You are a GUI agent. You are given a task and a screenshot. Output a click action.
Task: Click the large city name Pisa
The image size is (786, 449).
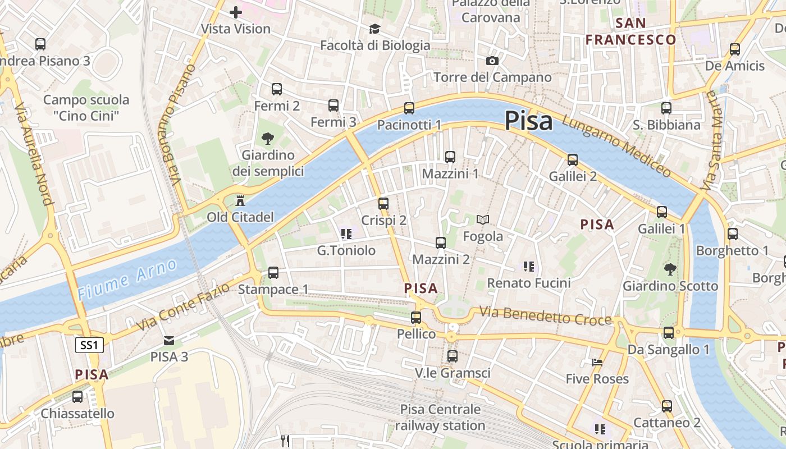528,121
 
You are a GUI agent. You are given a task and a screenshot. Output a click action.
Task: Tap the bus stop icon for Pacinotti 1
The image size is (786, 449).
409,108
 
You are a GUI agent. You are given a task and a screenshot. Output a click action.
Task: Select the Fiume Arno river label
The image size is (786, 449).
128,279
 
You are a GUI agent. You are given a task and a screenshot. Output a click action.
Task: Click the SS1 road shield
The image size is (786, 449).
89,345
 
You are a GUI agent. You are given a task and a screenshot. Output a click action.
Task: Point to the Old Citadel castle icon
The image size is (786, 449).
240,200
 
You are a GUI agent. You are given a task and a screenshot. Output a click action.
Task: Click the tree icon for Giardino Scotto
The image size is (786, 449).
670,269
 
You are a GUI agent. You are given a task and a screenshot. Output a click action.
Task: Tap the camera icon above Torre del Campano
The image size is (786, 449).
492,61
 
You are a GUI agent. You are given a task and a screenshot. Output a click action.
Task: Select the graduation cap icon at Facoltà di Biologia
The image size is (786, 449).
374,29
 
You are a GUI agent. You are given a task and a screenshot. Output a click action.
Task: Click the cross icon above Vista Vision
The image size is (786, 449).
236,12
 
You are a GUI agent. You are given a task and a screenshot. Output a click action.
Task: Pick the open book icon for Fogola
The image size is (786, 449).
483,219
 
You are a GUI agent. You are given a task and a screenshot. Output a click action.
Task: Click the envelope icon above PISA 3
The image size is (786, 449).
169,340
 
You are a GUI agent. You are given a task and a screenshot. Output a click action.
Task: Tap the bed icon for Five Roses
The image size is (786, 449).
597,363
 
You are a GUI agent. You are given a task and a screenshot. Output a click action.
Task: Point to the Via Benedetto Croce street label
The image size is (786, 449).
545,316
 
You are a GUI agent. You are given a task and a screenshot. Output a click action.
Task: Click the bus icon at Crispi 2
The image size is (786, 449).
383,204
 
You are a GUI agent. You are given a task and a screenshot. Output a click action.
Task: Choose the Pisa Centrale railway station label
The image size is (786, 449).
440,418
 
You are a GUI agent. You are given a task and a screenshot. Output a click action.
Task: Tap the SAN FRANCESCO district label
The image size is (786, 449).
631,31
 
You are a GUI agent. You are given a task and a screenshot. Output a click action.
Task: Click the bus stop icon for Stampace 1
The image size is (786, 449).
273,273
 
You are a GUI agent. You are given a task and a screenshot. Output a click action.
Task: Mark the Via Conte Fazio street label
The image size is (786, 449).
184,307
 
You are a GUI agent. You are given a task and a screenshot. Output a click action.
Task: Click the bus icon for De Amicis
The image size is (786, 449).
735,49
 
